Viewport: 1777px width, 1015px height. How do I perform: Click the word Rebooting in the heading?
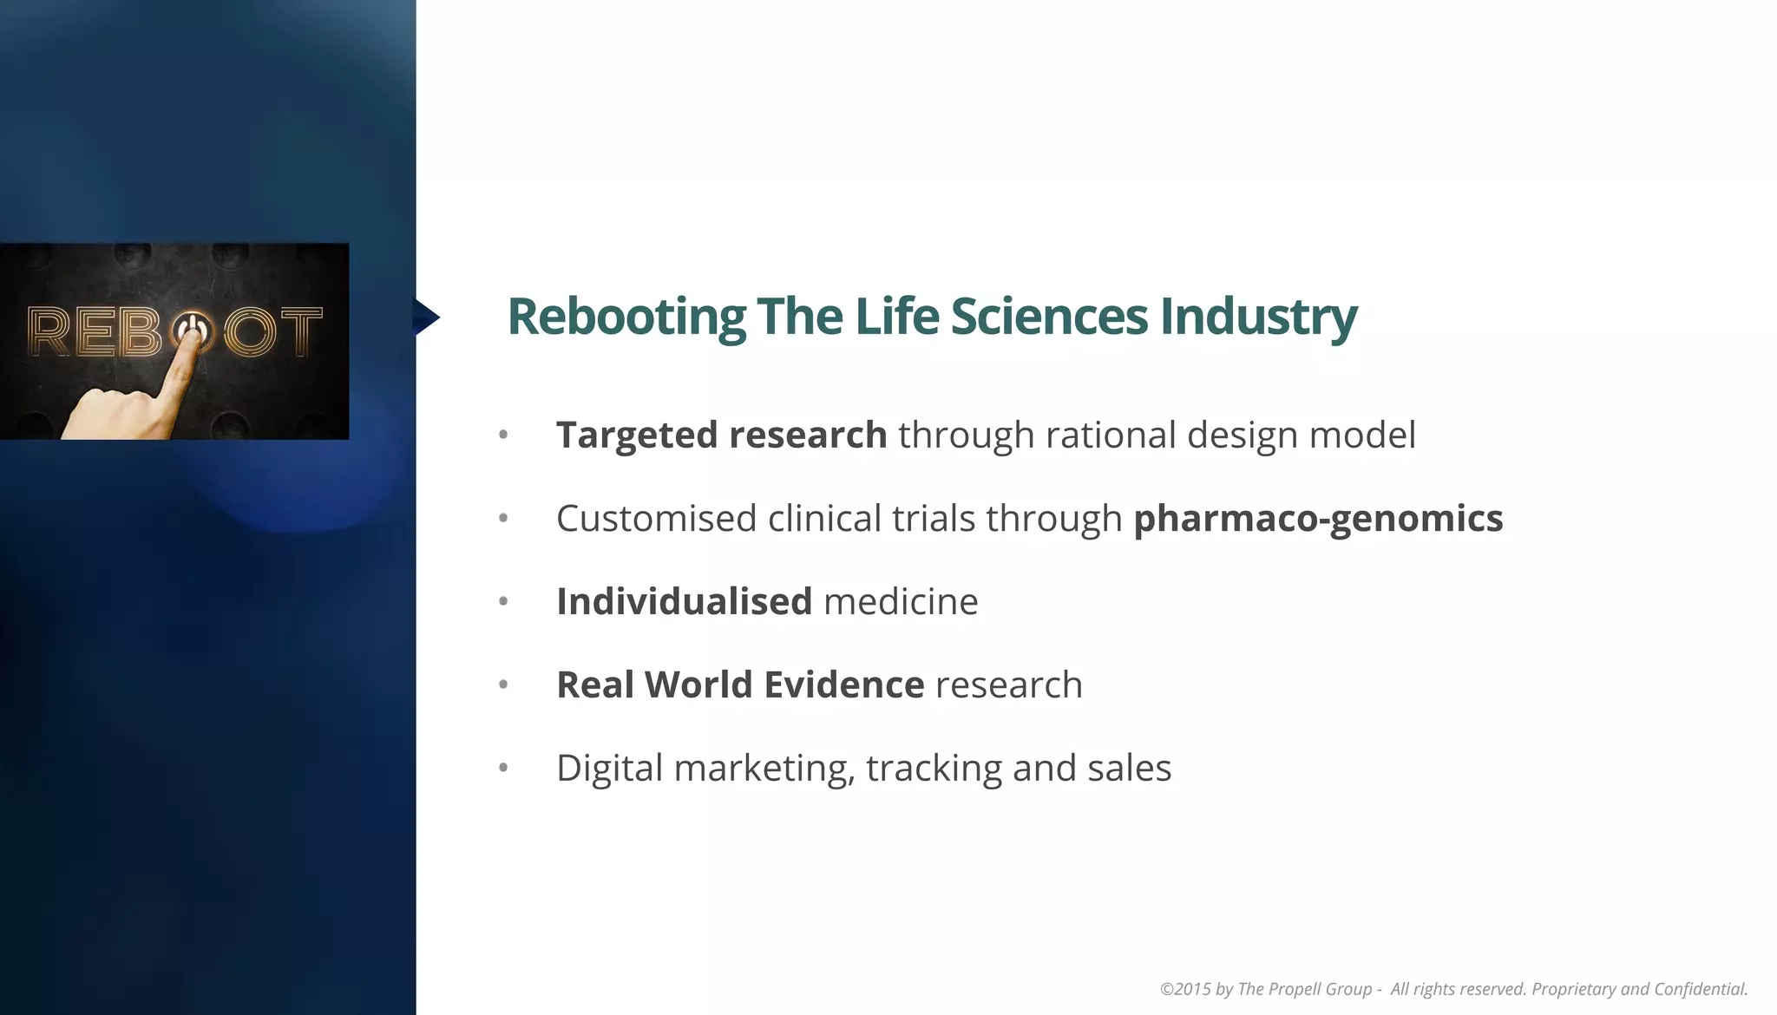(626, 317)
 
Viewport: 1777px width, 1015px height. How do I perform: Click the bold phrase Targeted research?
(721, 435)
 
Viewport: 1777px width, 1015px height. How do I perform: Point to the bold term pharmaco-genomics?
(1318, 518)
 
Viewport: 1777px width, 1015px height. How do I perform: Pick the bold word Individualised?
(684, 601)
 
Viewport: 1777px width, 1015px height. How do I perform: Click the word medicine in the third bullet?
(901, 601)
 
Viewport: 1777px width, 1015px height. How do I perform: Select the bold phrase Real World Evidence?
(740, 684)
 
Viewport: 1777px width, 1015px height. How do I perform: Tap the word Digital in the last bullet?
(609, 769)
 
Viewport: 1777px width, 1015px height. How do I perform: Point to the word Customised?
(656, 518)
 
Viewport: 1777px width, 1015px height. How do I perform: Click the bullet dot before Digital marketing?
(503, 768)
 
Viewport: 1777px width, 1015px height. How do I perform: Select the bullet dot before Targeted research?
(503, 435)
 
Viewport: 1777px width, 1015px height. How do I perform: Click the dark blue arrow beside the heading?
(425, 317)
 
